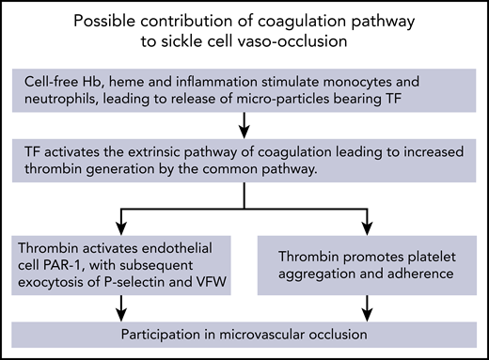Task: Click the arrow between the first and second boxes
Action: [x=244, y=122]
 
